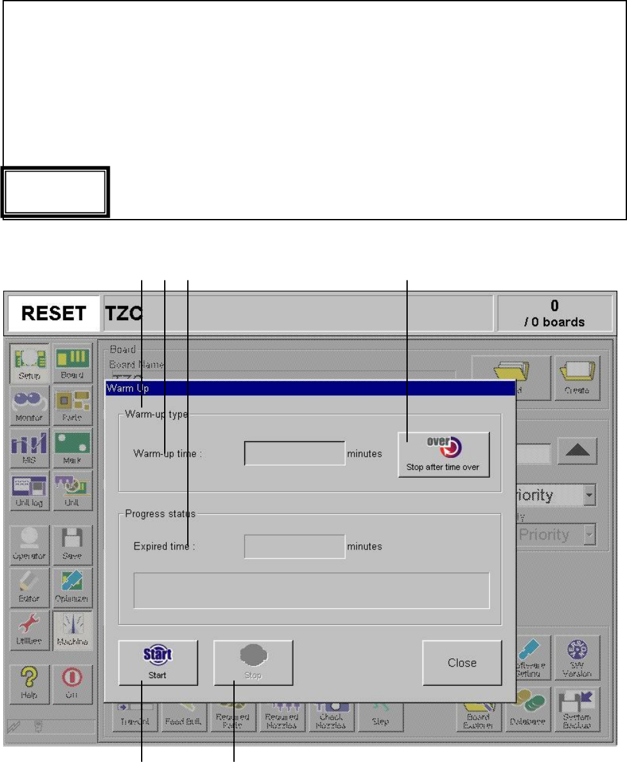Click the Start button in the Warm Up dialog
[x=158, y=663]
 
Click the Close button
[x=462, y=663]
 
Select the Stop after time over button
[x=443, y=454]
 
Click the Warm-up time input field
[x=294, y=453]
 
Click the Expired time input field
[x=294, y=546]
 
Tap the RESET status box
[x=54, y=313]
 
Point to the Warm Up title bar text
[x=128, y=387]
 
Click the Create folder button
[x=578, y=377]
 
